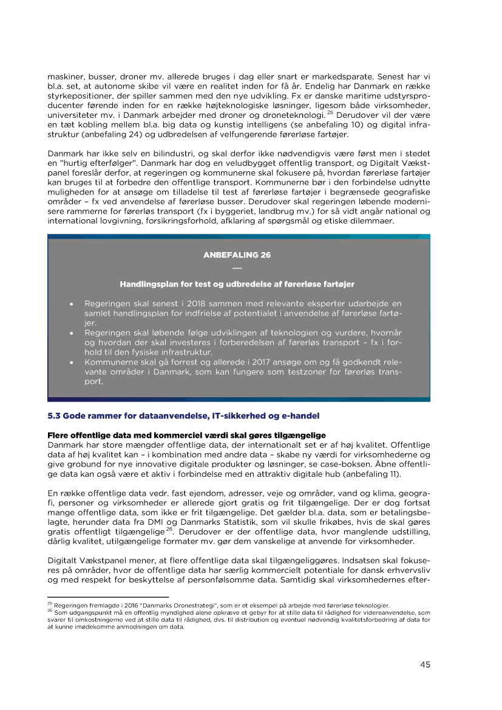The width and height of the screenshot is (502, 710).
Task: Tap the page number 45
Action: (x=425, y=664)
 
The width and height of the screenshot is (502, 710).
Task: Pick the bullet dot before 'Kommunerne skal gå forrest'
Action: (x=72, y=363)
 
